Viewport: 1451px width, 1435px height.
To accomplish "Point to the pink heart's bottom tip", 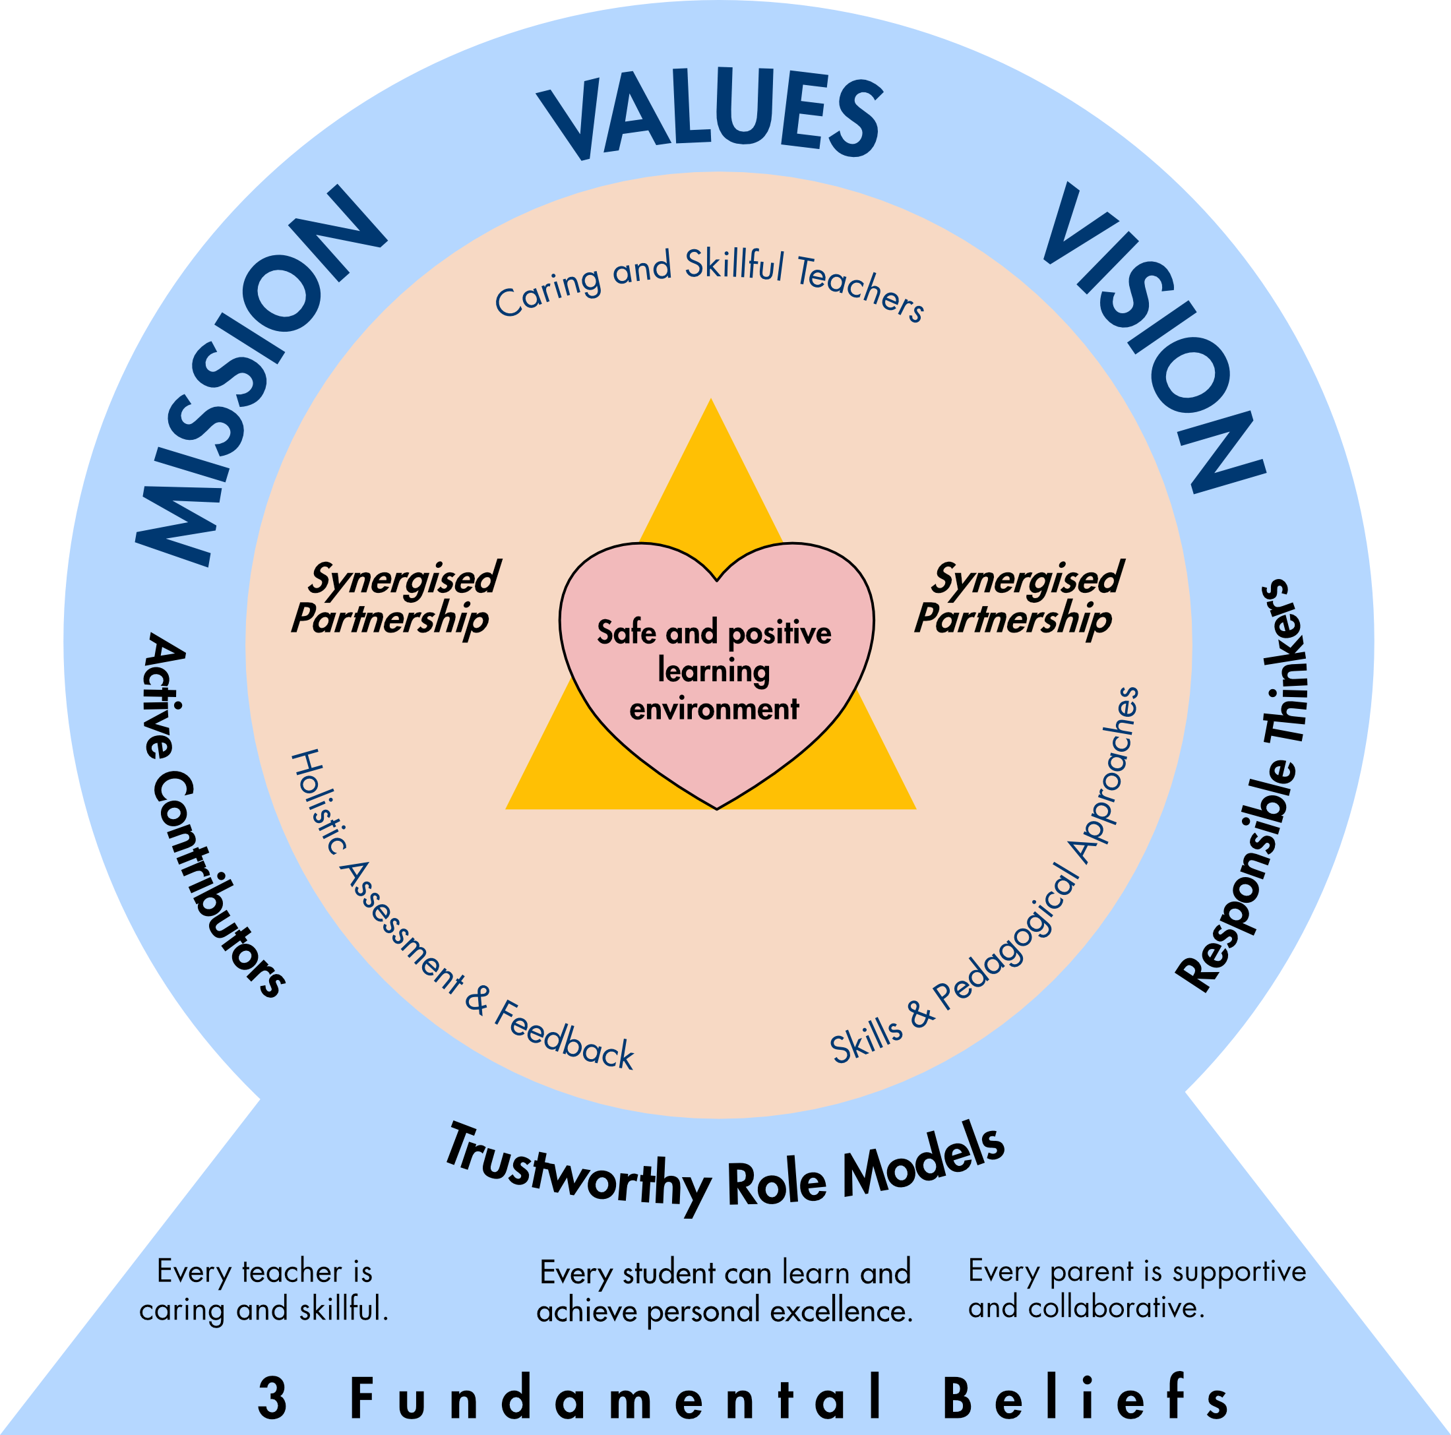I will click(717, 807).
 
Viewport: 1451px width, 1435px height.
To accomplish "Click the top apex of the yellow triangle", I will click(710, 402).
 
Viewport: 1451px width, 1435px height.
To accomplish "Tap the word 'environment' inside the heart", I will click(714, 709).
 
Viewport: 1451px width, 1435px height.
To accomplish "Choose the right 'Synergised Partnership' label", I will click(1018, 599).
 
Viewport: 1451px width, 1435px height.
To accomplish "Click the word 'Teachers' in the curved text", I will click(860, 289).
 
